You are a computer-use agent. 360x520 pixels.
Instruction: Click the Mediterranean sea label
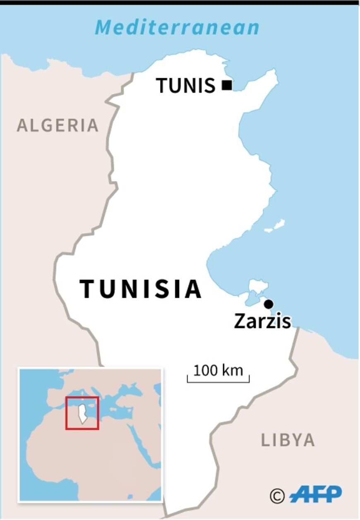pos(177,27)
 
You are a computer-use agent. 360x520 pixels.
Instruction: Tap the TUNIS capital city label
pos(186,86)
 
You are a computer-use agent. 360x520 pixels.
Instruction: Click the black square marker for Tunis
pos(227,86)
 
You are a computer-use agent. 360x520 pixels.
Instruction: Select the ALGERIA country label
pos(58,125)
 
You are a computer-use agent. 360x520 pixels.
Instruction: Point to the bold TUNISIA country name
pos(141,289)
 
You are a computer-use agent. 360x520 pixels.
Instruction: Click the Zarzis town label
pos(262,321)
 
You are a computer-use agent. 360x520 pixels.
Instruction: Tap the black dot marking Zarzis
pos(269,304)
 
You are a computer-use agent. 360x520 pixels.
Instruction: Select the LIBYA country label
pos(288,440)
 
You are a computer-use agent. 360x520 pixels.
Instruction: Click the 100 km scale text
pos(218,370)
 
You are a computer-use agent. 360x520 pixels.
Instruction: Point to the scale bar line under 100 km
pos(218,381)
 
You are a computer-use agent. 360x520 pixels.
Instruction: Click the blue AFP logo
pos(316,494)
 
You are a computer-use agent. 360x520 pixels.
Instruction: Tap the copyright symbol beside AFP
pos(277,495)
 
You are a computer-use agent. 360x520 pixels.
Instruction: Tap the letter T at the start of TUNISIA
pos(88,289)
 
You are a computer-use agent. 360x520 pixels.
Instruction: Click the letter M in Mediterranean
pos(105,28)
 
